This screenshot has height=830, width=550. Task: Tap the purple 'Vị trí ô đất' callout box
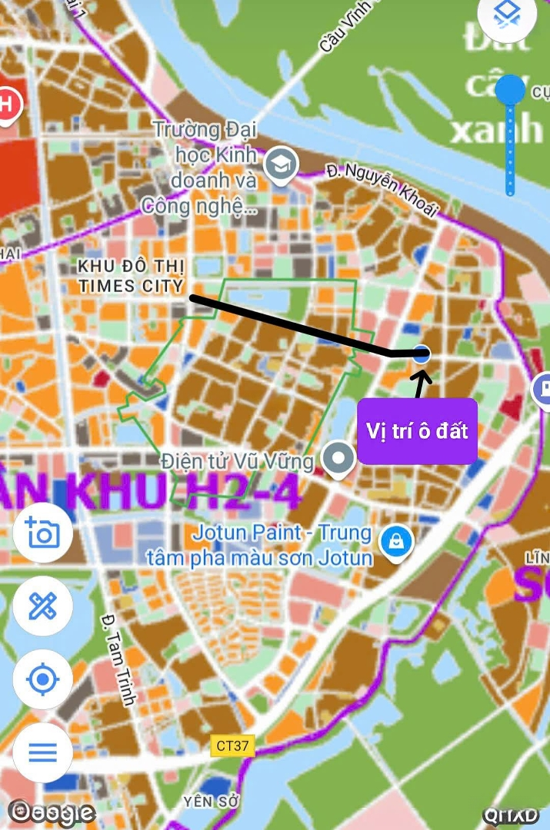click(x=418, y=431)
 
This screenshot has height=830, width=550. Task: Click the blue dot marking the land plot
click(x=421, y=354)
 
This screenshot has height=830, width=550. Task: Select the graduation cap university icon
click(x=281, y=164)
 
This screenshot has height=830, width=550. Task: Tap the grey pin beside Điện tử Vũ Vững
click(x=337, y=459)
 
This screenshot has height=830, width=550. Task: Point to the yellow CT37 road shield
click(x=232, y=745)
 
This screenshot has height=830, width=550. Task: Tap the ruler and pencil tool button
click(x=42, y=607)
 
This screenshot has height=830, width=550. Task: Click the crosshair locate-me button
click(x=42, y=679)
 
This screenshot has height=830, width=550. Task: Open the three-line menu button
click(x=42, y=752)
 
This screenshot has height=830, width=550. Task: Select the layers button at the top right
click(x=508, y=14)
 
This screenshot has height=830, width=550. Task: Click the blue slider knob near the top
click(x=509, y=90)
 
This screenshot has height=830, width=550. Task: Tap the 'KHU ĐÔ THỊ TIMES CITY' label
click(x=132, y=277)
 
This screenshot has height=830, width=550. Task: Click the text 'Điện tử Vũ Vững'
click(x=238, y=462)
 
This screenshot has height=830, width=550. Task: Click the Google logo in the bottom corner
click(x=52, y=812)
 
